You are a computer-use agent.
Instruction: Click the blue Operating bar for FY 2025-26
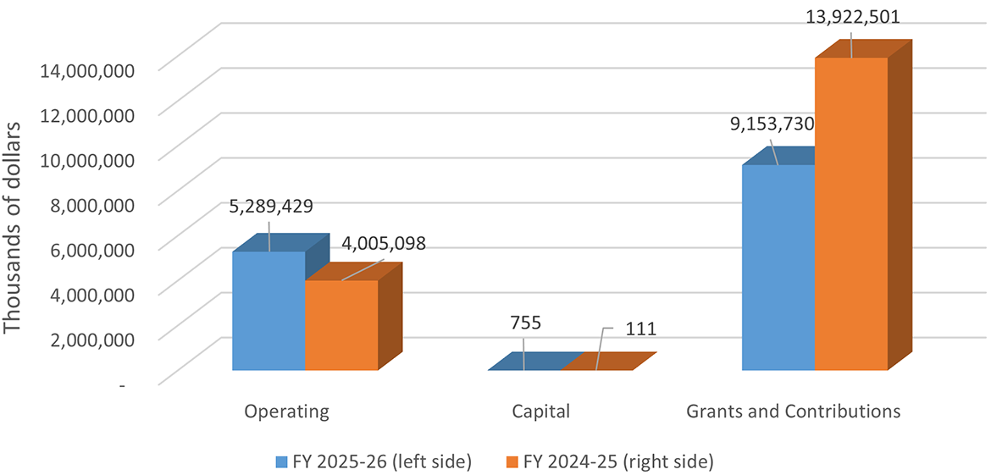(269, 311)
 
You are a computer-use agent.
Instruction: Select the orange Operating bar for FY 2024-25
(341, 325)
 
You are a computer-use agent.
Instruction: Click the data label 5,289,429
(269, 206)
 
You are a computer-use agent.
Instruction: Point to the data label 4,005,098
(384, 243)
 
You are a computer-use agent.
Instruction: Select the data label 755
(525, 323)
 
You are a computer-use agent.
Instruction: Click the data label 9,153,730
(772, 124)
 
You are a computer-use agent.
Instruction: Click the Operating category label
(286, 412)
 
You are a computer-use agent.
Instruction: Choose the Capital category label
(541, 412)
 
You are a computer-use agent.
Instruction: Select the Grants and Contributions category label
(793, 412)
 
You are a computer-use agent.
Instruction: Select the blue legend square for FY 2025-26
(282, 462)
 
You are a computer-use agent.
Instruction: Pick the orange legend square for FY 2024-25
(512, 462)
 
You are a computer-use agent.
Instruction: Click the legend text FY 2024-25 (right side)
(618, 462)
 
